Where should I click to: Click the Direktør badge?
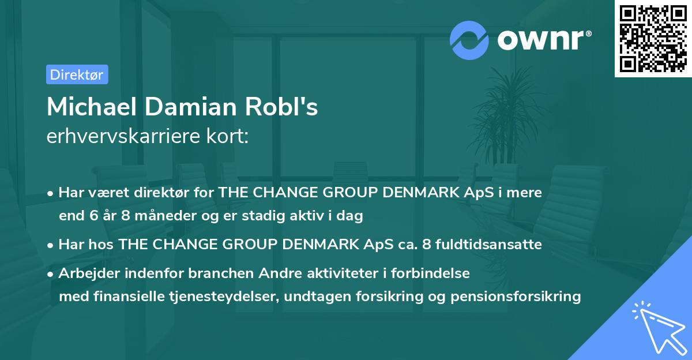(x=77, y=74)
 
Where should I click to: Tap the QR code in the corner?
(x=652, y=38)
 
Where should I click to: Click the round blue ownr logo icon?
(x=469, y=40)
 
